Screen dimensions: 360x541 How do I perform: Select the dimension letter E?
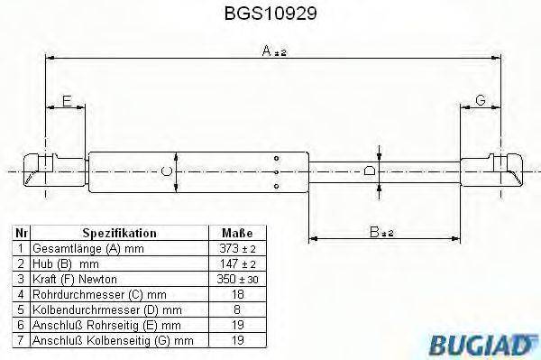[x=67, y=101]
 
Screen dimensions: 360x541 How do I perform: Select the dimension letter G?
[x=481, y=101]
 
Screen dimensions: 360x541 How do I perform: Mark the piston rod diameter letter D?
[x=369, y=170]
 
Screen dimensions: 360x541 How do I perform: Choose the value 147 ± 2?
[x=237, y=263]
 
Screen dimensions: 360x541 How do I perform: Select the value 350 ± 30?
[x=237, y=279]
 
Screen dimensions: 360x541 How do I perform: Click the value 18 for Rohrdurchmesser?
[x=237, y=294]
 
